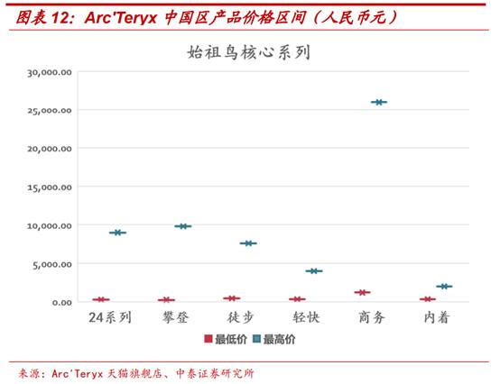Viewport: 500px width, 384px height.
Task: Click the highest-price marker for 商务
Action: click(x=379, y=102)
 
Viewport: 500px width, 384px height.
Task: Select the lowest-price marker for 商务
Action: click(x=363, y=292)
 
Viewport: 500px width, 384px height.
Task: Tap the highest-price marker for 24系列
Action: click(x=117, y=233)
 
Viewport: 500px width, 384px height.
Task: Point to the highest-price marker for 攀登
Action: click(x=183, y=226)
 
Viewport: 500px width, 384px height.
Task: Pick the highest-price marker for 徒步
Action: click(x=248, y=243)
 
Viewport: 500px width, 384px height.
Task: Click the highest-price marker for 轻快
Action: click(x=313, y=270)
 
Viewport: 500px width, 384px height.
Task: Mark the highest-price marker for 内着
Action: click(x=444, y=287)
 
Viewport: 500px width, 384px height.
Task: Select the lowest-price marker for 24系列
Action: click(x=101, y=299)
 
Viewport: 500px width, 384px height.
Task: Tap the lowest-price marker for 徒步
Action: click(x=232, y=298)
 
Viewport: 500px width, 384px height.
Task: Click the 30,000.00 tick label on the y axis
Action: click(x=50, y=71)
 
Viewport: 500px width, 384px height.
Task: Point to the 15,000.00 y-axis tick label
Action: click(x=50, y=187)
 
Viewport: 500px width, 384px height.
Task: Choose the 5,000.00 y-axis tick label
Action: click(x=52, y=263)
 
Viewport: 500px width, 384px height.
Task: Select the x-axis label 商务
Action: click(x=371, y=317)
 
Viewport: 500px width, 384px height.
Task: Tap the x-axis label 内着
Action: click(x=436, y=317)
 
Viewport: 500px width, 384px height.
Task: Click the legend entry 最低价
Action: click(x=230, y=340)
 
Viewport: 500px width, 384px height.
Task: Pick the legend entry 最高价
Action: click(x=279, y=340)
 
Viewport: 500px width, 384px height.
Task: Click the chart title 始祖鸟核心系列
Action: click(x=249, y=52)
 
